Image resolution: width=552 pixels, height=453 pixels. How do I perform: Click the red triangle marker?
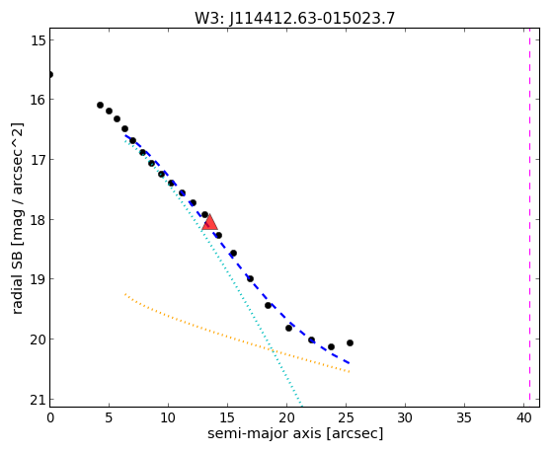pyautogui.click(x=209, y=222)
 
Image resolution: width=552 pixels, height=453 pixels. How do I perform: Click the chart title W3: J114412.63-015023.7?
pyautogui.click(x=294, y=19)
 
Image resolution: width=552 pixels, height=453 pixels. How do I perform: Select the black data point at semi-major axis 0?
pyautogui.click(x=50, y=75)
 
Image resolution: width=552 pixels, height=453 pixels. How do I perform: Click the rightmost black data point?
pyautogui.click(x=350, y=342)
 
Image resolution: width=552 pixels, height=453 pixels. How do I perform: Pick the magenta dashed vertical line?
pyautogui.click(x=529, y=217)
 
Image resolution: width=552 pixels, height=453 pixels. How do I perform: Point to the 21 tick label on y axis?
pyautogui.click(x=38, y=400)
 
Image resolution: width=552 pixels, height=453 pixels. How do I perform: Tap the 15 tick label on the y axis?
pyautogui.click(x=38, y=40)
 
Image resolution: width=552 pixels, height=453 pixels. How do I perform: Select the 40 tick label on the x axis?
pyautogui.click(x=523, y=418)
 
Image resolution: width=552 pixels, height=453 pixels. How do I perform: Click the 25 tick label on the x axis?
pyautogui.click(x=346, y=418)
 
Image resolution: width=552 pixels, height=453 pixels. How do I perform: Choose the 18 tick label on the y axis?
pyautogui.click(x=38, y=220)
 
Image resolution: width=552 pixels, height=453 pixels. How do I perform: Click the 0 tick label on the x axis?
pyautogui.click(x=50, y=418)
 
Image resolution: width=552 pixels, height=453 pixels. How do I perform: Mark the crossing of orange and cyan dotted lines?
pyautogui.click(x=272, y=349)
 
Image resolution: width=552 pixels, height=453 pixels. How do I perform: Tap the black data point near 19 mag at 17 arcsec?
pyautogui.click(x=250, y=278)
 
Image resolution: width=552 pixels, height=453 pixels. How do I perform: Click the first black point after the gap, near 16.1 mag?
pyautogui.click(x=100, y=105)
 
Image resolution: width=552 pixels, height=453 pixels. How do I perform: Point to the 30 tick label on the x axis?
pyautogui.click(x=405, y=418)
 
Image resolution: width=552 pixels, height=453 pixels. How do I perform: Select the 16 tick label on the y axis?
pyautogui.click(x=38, y=100)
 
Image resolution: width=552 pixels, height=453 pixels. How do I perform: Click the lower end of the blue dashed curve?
pyautogui.click(x=350, y=363)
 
